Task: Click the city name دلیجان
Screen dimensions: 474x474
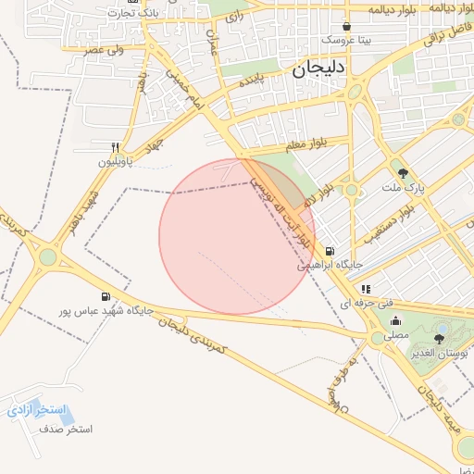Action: pyautogui.click(x=318, y=69)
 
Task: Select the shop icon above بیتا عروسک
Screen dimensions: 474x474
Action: pyautogui.click(x=346, y=27)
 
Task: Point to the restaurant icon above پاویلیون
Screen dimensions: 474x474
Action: pyautogui.click(x=116, y=147)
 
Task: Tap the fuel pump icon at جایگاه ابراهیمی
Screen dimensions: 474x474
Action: pyautogui.click(x=330, y=251)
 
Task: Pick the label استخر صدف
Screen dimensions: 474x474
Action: pyautogui.click(x=65, y=430)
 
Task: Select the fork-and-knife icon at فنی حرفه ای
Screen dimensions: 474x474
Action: pyautogui.click(x=366, y=290)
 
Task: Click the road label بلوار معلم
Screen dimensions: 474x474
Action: pyautogui.click(x=311, y=143)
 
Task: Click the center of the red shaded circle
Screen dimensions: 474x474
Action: pyautogui.click(x=237, y=236)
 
